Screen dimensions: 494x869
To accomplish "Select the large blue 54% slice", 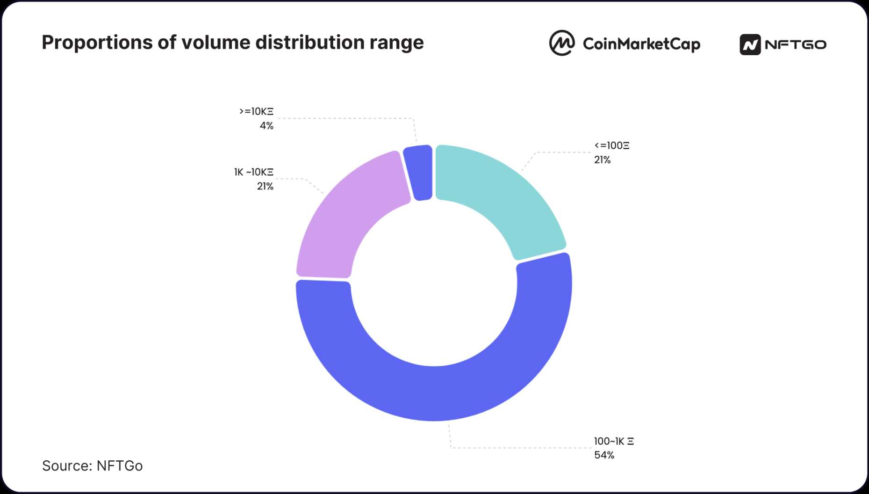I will pos(435,393).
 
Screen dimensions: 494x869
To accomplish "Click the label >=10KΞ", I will pos(256,111).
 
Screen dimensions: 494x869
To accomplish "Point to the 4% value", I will pos(266,125).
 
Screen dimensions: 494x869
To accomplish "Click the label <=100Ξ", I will pos(611,145).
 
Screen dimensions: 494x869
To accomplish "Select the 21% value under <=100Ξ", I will pos(602,160).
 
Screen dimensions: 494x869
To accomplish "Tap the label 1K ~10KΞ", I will pos(254,172).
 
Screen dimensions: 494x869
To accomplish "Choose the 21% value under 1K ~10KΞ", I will pos(265,186).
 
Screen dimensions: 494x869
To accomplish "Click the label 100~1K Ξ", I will pos(614,441).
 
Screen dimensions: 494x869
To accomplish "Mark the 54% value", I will pos(604,455).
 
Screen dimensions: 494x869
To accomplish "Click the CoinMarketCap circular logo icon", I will pos(561,43).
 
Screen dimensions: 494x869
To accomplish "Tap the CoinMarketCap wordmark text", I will pos(641,44).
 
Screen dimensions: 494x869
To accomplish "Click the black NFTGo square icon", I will pos(750,45).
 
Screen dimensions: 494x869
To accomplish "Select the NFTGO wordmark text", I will pos(796,44).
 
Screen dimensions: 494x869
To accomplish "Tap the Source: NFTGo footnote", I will pos(93,466).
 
